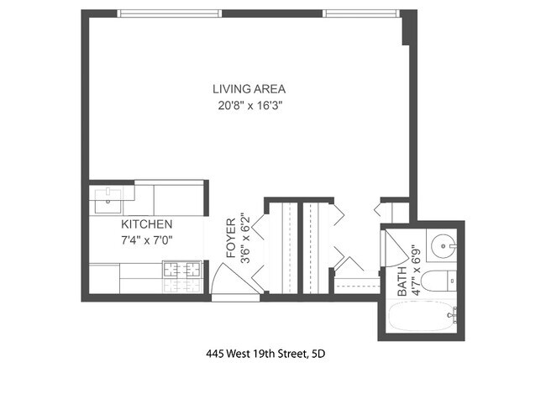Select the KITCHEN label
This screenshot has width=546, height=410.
pos(147,225)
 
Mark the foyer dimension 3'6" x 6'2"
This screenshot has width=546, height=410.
pos(245,238)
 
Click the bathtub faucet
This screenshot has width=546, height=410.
pos(454,316)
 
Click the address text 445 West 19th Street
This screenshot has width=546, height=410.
pos(256,354)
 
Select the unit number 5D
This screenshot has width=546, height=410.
pos(317,354)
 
